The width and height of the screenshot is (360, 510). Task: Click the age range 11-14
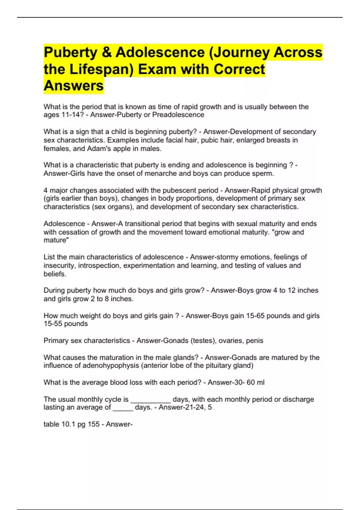(70, 115)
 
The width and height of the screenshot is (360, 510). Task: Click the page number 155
(94, 424)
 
